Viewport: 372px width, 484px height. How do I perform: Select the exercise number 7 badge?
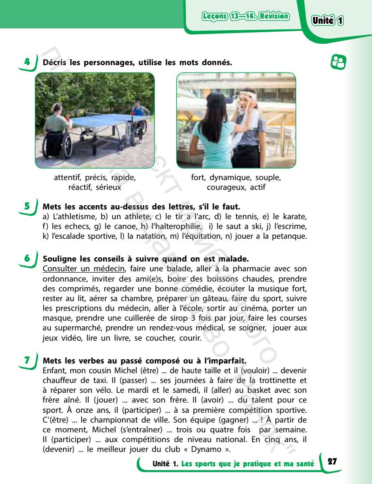coord(27,360)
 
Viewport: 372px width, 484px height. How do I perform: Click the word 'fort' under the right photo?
coord(199,178)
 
